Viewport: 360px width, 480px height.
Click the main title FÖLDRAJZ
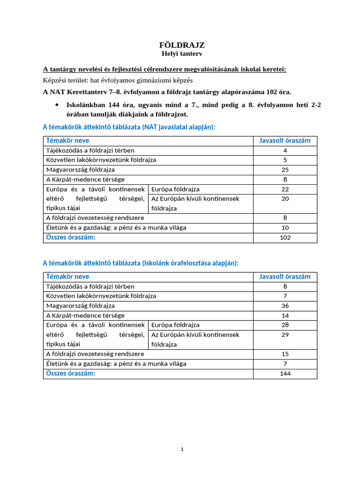tap(182, 45)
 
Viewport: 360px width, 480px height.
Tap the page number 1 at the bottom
tap(182, 450)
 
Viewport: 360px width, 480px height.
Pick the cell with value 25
tap(285, 170)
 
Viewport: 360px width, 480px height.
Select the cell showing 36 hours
tap(285, 306)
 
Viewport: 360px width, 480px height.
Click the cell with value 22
tap(285, 189)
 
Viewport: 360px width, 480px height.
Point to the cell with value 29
tap(285, 335)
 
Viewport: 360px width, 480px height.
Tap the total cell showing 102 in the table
tap(285, 238)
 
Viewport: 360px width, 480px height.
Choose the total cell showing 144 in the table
tap(285, 374)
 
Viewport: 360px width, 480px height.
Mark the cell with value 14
tap(285, 315)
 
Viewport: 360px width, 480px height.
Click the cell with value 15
tap(285, 354)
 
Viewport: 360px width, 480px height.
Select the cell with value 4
tap(285, 150)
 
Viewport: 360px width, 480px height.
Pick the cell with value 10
tap(285, 227)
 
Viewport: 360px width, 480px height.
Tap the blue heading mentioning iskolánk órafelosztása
tap(141, 263)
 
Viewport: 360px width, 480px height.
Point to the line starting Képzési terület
tap(111, 81)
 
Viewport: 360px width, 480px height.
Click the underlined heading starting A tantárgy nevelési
tap(165, 69)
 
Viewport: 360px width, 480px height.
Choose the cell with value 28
tap(285, 325)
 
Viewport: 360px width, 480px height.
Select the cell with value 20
tap(285, 199)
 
